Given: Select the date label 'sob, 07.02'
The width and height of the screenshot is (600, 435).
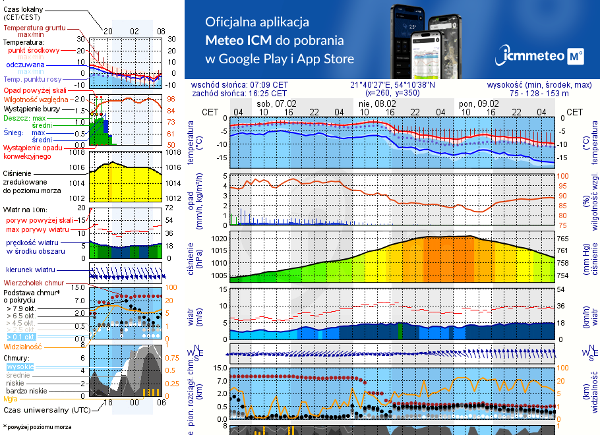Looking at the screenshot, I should tap(276, 103).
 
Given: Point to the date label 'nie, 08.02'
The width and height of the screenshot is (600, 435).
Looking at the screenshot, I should tap(377, 103).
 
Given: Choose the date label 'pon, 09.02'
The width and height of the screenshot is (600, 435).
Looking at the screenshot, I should tap(479, 103).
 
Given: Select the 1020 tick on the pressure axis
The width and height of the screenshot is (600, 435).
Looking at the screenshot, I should tap(220, 239).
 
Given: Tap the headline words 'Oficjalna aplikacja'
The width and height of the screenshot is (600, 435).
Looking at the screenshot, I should tap(257, 22).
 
